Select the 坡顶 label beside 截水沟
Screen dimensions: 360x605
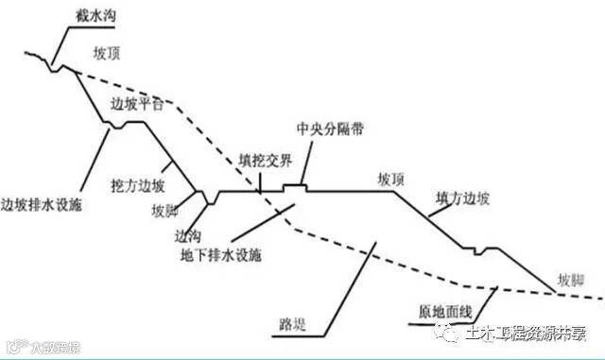click(x=110, y=54)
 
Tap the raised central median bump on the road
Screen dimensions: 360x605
click(x=298, y=186)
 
